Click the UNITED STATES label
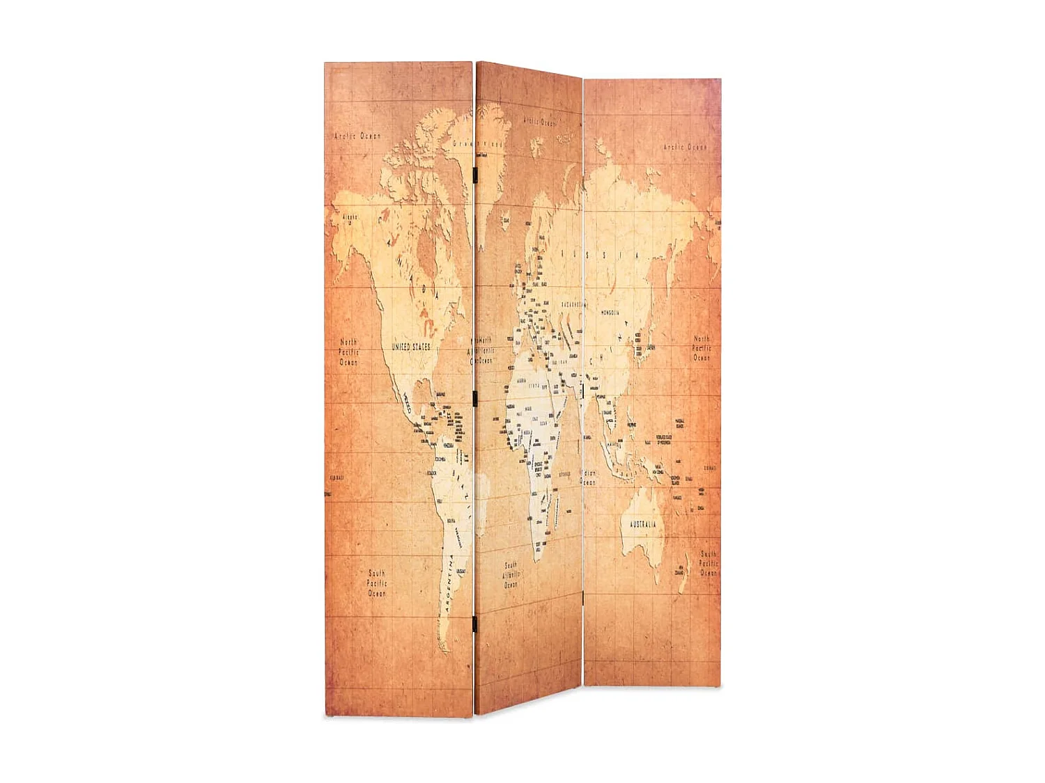coord(410,346)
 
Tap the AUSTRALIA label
coord(642,524)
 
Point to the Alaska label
coord(349,217)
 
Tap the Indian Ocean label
coord(589,477)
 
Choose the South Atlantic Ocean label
coord(511,575)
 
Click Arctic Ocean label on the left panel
coord(357,136)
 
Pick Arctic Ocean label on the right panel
coord(684,147)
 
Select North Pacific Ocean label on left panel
coord(349,352)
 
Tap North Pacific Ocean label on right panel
coord(702,348)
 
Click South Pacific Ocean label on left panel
coord(377,583)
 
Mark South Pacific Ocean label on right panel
coord(708,563)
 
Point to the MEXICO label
coord(406,401)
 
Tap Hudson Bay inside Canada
coord(426,251)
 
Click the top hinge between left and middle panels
coord(474,173)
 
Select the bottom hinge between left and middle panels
coord(474,624)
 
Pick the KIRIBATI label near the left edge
coord(336,477)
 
